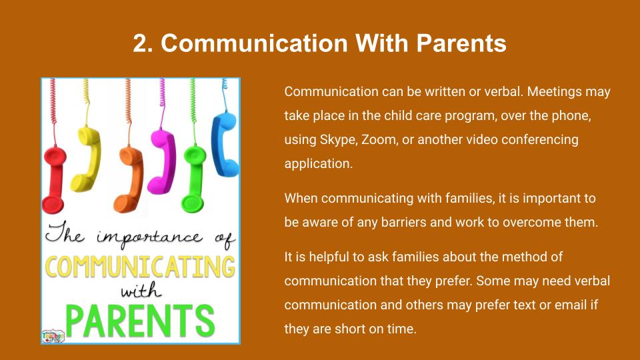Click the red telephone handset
53,179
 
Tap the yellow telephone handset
86,159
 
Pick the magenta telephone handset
163,161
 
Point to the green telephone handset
194,179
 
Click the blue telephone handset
225,144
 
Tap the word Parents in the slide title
461,43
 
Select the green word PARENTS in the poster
139,321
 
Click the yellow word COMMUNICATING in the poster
140,267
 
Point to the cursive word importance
149,238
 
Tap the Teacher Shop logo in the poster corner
53,335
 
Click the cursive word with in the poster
141,291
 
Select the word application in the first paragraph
319,164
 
